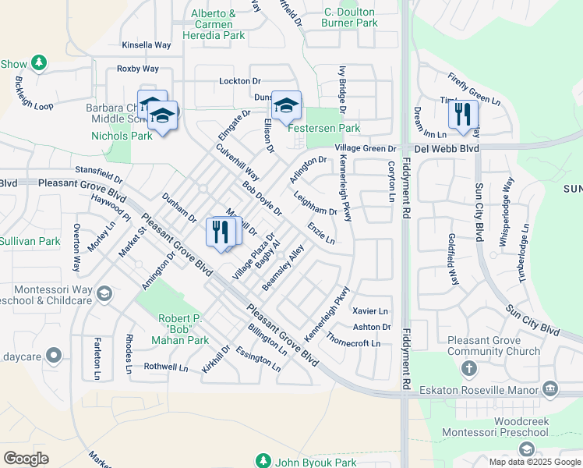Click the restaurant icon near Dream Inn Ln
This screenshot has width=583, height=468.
463,114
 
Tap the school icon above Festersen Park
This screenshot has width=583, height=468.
286,105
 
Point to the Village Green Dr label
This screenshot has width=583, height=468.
366,148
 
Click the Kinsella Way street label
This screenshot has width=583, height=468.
146,45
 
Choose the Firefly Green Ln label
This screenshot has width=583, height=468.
473,88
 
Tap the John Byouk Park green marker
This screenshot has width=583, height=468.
263,462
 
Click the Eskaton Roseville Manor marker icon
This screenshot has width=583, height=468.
550,388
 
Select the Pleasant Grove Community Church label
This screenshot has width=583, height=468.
493,346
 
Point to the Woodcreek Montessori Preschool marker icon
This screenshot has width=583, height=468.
528,448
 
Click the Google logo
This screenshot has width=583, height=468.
26,458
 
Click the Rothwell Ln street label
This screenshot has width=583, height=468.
167,367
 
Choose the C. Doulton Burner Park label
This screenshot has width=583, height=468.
349,17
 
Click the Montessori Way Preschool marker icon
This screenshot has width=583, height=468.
104,294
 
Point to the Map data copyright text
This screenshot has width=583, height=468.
535,462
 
